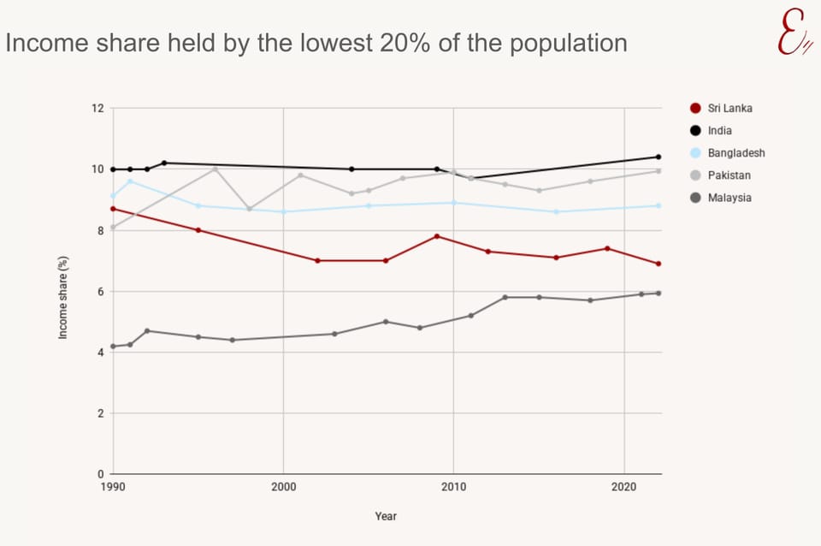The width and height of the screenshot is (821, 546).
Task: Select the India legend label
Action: coord(719,131)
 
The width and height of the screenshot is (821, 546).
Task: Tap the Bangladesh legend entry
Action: coord(735,153)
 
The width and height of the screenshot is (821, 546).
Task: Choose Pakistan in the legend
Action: coord(729,175)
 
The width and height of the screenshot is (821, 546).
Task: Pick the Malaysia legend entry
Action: coord(729,198)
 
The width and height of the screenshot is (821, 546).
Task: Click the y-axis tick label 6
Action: coord(100,292)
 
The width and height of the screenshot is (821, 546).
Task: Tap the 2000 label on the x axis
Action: coord(283,487)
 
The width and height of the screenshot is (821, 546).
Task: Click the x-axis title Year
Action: coord(386,516)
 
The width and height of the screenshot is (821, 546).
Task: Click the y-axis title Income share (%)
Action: coord(63,291)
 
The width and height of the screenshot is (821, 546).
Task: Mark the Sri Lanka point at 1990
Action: coord(113,209)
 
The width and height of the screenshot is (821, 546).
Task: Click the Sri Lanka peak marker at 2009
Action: coord(437,236)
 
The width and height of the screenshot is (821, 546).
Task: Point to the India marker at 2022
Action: coord(659,157)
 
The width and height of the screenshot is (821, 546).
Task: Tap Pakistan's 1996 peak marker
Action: coord(216,169)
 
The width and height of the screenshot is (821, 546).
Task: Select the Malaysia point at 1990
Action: coord(113,347)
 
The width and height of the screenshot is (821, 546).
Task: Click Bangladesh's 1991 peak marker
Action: coord(130,181)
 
